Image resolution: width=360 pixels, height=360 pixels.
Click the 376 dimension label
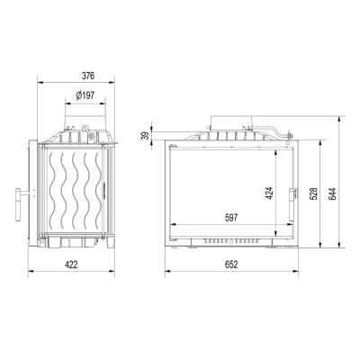(88, 76)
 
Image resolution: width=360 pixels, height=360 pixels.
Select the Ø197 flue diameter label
(85, 95)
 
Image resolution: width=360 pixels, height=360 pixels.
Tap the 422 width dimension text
(71, 265)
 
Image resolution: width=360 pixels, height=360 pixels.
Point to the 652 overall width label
(231, 265)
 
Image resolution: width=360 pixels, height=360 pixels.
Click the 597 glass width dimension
(231, 218)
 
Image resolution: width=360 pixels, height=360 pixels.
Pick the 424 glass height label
(269, 193)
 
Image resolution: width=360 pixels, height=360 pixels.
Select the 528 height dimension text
(313, 194)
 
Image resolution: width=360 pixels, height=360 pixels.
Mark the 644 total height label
(332, 194)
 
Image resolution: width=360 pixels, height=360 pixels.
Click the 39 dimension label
(145, 136)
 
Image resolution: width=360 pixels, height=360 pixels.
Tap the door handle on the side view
(21, 204)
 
